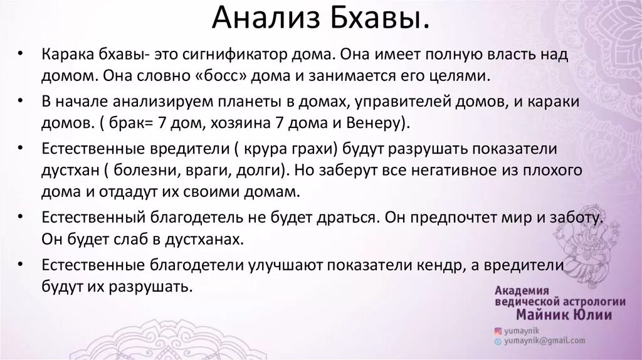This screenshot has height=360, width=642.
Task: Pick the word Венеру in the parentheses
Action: (x=378, y=122)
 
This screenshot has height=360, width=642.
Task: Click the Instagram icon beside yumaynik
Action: (x=498, y=330)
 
